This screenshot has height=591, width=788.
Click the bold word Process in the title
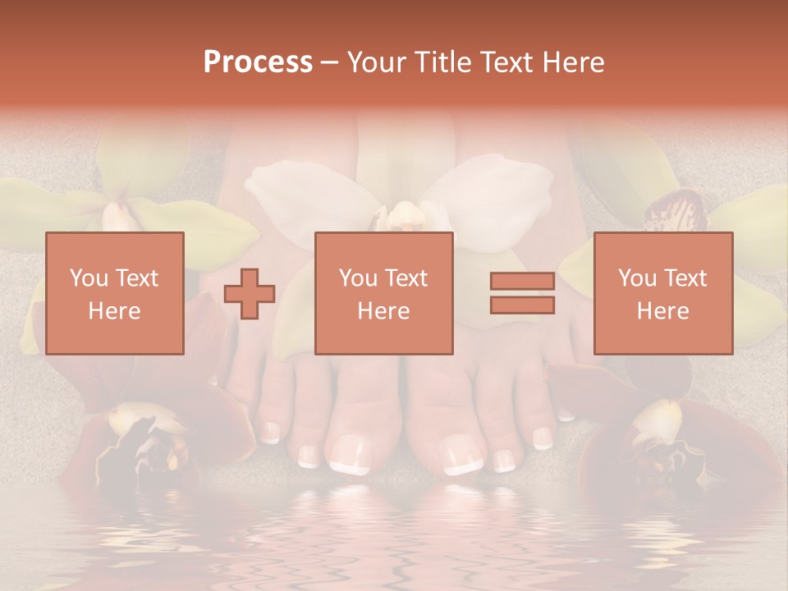click(258, 62)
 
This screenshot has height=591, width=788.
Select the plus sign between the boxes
click(250, 294)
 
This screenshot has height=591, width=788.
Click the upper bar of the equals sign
click(522, 282)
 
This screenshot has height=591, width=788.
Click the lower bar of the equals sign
click(522, 305)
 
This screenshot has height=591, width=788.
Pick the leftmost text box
click(114, 293)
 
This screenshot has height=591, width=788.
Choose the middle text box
click(383, 293)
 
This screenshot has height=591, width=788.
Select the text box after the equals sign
click(662, 293)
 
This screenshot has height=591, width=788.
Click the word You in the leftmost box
click(87, 278)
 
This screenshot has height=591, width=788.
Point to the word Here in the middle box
click(383, 311)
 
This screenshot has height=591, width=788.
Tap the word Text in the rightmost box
click(686, 278)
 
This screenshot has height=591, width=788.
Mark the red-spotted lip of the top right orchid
click(676, 212)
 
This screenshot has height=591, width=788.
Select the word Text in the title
click(504, 62)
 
